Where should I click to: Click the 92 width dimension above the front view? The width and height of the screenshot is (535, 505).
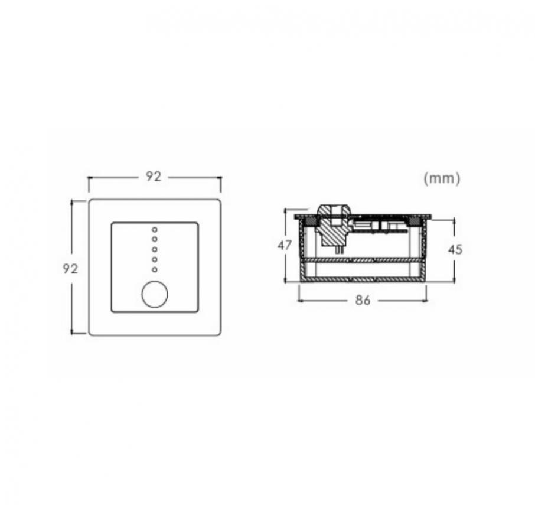pyautogui.click(x=153, y=177)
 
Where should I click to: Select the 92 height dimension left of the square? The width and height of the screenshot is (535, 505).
pyautogui.click(x=70, y=269)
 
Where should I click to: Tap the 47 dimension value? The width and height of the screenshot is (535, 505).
pyautogui.click(x=285, y=245)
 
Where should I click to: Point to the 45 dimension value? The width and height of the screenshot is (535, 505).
pyautogui.click(x=455, y=250)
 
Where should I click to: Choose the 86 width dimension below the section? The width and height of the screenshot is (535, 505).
pyautogui.click(x=363, y=300)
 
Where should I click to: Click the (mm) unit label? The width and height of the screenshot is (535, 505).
pyautogui.click(x=442, y=178)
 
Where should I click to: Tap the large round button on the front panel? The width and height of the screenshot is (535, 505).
pyautogui.click(x=155, y=294)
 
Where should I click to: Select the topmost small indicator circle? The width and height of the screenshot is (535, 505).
pyautogui.click(x=155, y=230)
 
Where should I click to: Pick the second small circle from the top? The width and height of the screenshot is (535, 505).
pyautogui.click(x=155, y=239)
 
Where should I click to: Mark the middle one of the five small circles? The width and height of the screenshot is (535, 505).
pyautogui.click(x=155, y=249)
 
